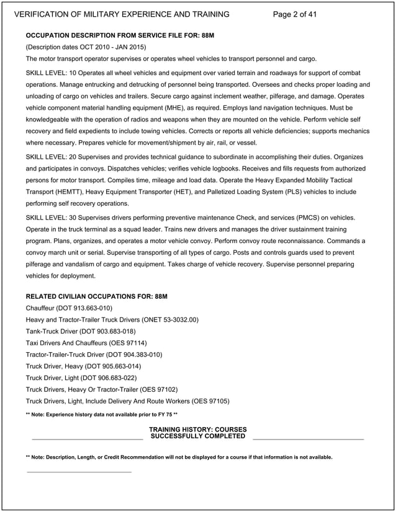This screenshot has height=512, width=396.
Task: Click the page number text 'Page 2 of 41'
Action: click(295, 14)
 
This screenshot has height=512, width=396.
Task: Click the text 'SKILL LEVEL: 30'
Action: click(53, 218)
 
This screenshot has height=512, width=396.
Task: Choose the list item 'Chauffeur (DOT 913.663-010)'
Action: click(69, 308)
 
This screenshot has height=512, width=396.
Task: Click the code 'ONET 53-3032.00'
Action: click(168, 320)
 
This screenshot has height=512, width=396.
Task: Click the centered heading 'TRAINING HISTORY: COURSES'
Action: click(198, 430)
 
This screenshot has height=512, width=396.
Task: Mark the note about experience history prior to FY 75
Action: click(102, 413)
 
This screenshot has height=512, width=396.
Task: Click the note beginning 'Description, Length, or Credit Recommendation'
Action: click(179, 457)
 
